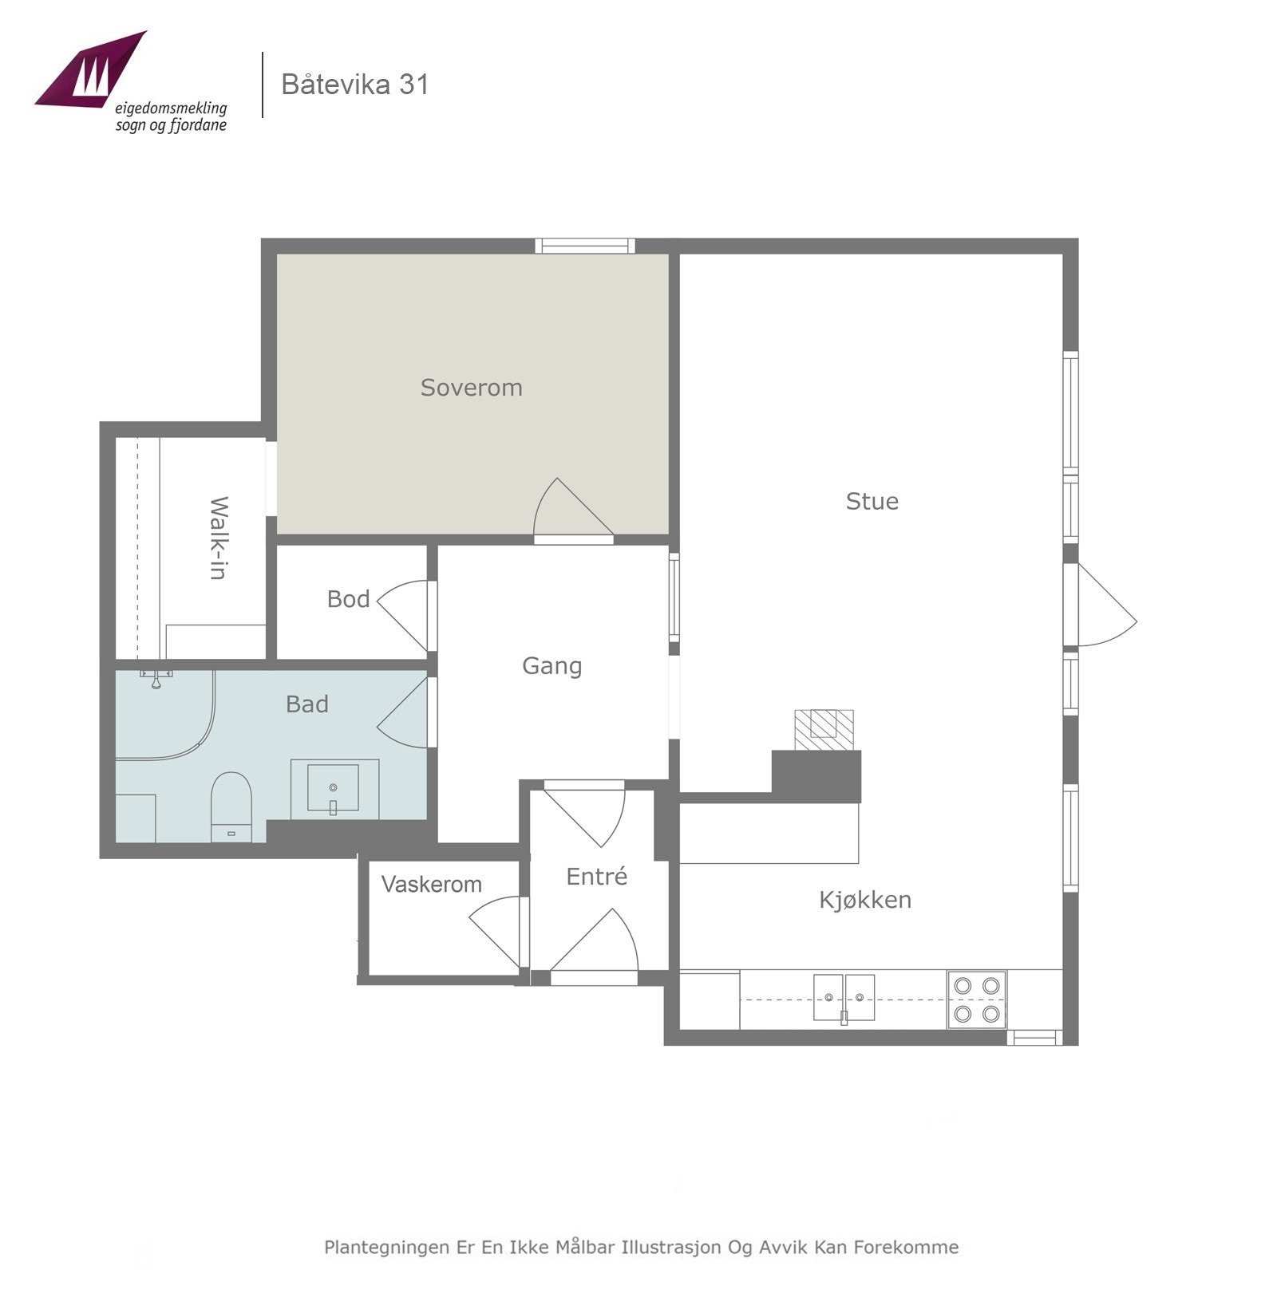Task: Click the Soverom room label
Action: tap(471, 388)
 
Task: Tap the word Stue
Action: tap(872, 501)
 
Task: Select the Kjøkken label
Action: tap(865, 900)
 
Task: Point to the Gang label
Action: tap(552, 666)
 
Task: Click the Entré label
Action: tap(596, 876)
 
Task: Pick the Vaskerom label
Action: tap(431, 884)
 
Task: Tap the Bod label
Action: tap(348, 599)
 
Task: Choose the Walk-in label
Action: tap(218, 538)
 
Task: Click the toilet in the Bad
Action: tap(231, 806)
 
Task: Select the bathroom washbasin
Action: tap(334, 789)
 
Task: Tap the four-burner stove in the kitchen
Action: tap(977, 1000)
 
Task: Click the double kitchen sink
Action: tap(844, 998)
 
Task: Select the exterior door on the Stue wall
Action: tap(1106, 605)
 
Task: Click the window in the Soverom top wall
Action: tap(585, 246)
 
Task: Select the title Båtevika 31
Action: tap(355, 85)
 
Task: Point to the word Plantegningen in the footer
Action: tap(386, 1247)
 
